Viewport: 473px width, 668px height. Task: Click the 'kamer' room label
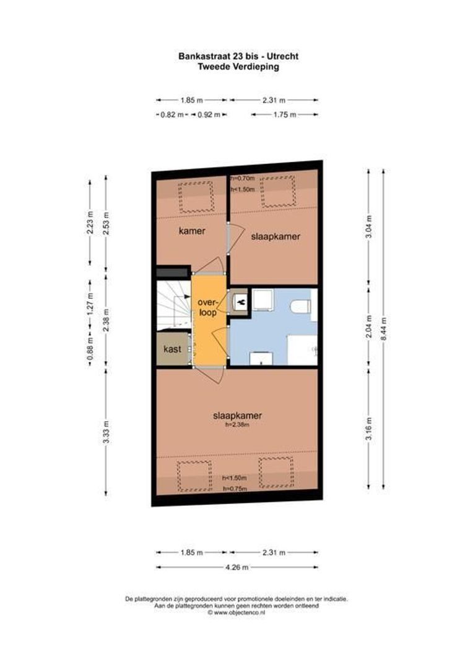click(192, 231)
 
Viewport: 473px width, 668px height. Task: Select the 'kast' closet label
click(172, 349)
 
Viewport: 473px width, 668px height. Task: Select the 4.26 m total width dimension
click(236, 567)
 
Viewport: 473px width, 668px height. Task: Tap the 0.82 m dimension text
click(171, 114)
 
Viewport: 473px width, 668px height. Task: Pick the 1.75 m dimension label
click(285, 114)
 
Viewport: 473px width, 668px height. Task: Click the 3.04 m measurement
click(369, 226)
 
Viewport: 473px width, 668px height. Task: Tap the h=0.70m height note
click(242, 179)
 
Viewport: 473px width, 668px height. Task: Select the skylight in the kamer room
click(196, 197)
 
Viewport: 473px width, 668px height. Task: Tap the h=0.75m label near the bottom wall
click(235, 489)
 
